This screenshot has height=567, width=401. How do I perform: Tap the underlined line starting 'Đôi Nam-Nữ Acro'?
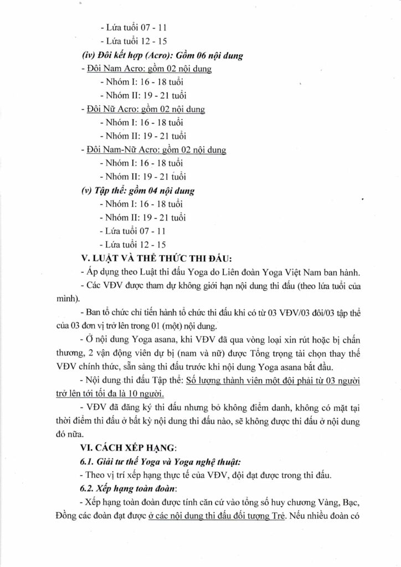click(x=157, y=150)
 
